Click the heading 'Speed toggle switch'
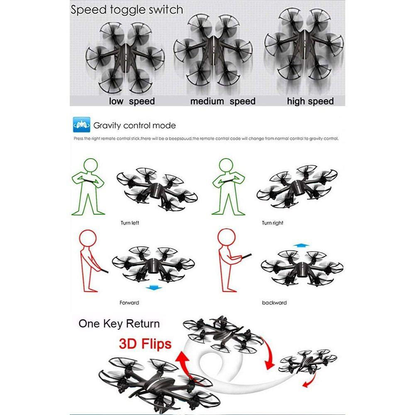coord(127,10)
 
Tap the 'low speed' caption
coord(132,101)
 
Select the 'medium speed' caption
coord(222,101)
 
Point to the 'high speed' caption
coord(310,101)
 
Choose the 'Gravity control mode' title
coord(134,125)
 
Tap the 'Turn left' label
coord(130,223)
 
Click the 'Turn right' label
coord(272,223)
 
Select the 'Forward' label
coord(129,303)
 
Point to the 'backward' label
coord(274,303)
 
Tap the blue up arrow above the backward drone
coord(298,246)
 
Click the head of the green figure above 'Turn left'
coord(88,164)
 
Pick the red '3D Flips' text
coord(145,344)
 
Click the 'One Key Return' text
coord(119,324)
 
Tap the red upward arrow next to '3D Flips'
coord(181,361)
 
